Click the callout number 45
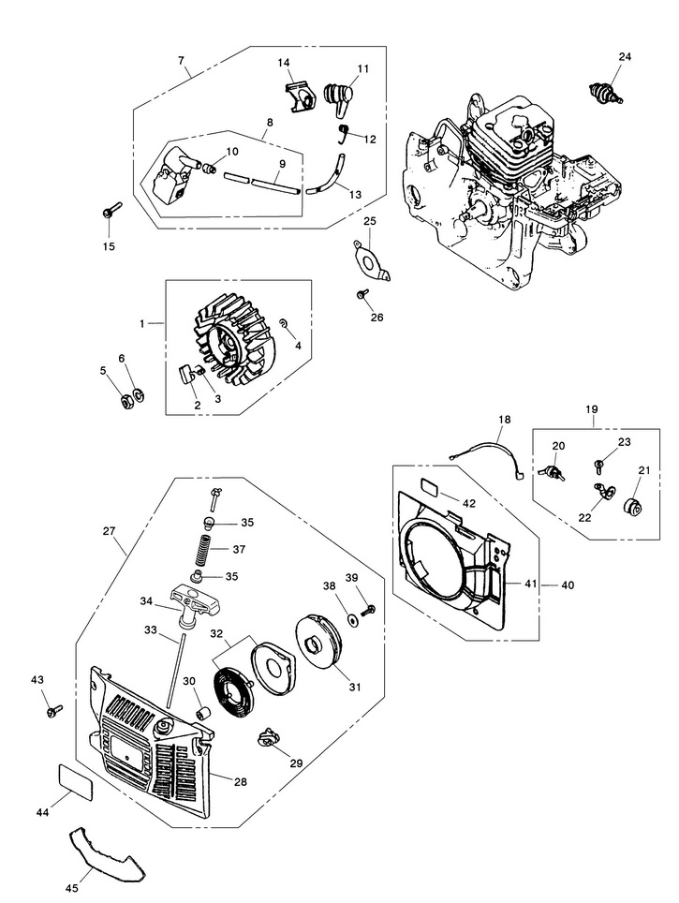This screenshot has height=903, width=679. point(71,889)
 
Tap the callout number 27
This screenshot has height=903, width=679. point(110,530)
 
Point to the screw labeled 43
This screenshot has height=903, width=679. point(54,711)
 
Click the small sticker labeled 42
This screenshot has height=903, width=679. point(430,487)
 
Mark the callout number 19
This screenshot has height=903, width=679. point(592,409)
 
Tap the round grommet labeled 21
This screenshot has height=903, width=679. point(633,506)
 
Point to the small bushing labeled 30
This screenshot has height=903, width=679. point(201,715)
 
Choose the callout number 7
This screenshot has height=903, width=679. point(182,59)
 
